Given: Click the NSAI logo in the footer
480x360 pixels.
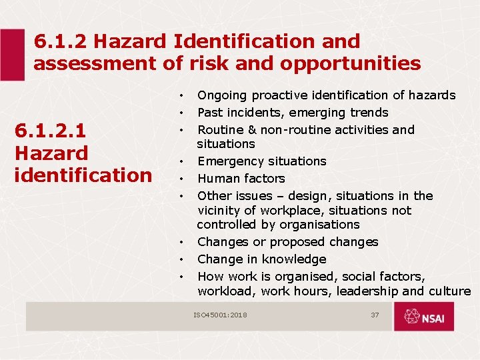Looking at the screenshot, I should click(424, 316).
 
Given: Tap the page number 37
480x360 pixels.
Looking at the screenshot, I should click(375, 315).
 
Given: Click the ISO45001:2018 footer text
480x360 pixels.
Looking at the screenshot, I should click(220, 315).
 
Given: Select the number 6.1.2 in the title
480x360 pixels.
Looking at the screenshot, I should click(61, 41).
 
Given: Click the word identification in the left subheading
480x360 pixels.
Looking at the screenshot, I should click(83, 175).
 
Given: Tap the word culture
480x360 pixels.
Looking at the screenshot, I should click(450, 291).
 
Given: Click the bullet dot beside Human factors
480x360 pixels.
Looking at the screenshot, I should click(181, 179).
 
